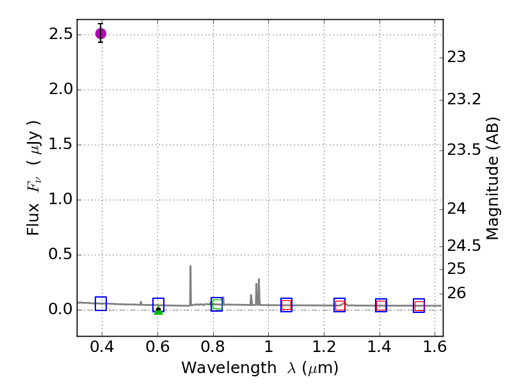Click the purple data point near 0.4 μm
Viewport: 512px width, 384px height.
click(100, 33)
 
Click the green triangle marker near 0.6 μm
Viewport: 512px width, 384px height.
click(158, 311)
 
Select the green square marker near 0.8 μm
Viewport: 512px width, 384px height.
click(217, 305)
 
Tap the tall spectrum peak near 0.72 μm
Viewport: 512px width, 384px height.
click(190, 266)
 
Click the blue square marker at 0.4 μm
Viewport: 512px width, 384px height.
click(100, 303)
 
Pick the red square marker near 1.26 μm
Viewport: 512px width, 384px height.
click(340, 305)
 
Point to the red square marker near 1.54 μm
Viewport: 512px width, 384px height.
click(419, 306)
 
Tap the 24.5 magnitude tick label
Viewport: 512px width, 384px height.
click(465, 246)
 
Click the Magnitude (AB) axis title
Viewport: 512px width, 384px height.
click(493, 178)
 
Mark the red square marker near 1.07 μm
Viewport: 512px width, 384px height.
click(286, 305)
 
